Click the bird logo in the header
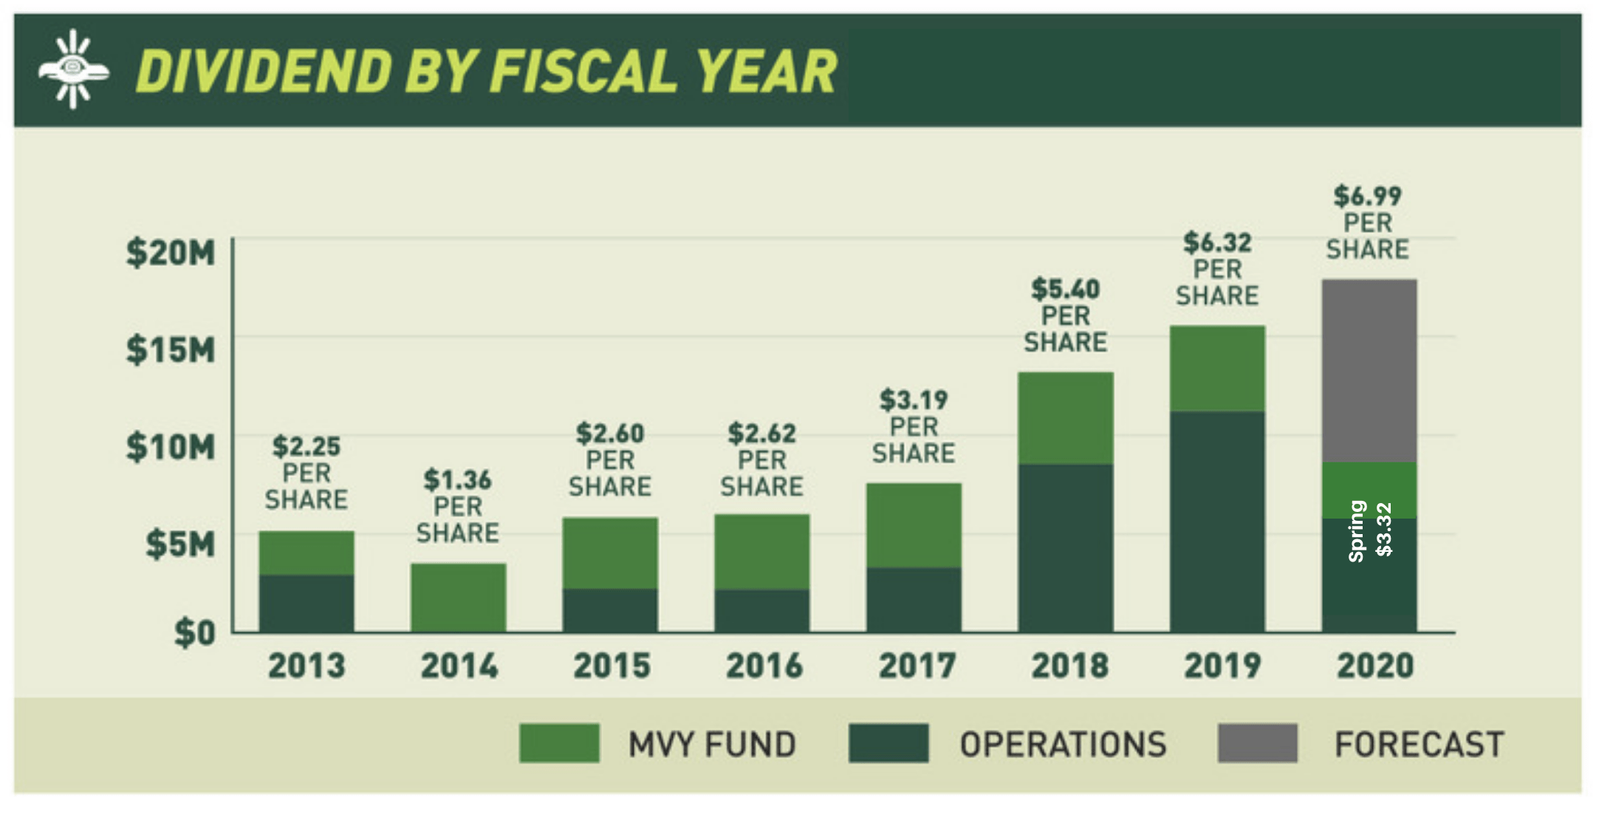point(73,69)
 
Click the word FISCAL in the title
point(582,72)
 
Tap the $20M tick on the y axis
point(171,253)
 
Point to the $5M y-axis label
point(180,544)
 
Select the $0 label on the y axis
point(194,633)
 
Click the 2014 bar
point(458,598)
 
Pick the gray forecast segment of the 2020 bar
point(1369,370)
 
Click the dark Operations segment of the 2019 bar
point(1216,521)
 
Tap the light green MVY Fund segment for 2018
point(1065,418)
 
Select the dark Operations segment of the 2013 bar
point(306,603)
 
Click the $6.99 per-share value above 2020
point(1367,197)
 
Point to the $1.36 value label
point(457,480)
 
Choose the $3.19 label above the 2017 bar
point(913,400)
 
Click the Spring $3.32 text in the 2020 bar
point(1370,530)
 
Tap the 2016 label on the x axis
point(763,666)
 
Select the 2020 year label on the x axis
point(1374,666)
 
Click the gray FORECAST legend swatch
point(1257,743)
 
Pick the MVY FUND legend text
point(711,744)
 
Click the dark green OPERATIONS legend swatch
point(888,743)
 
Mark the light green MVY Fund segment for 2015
point(609,553)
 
